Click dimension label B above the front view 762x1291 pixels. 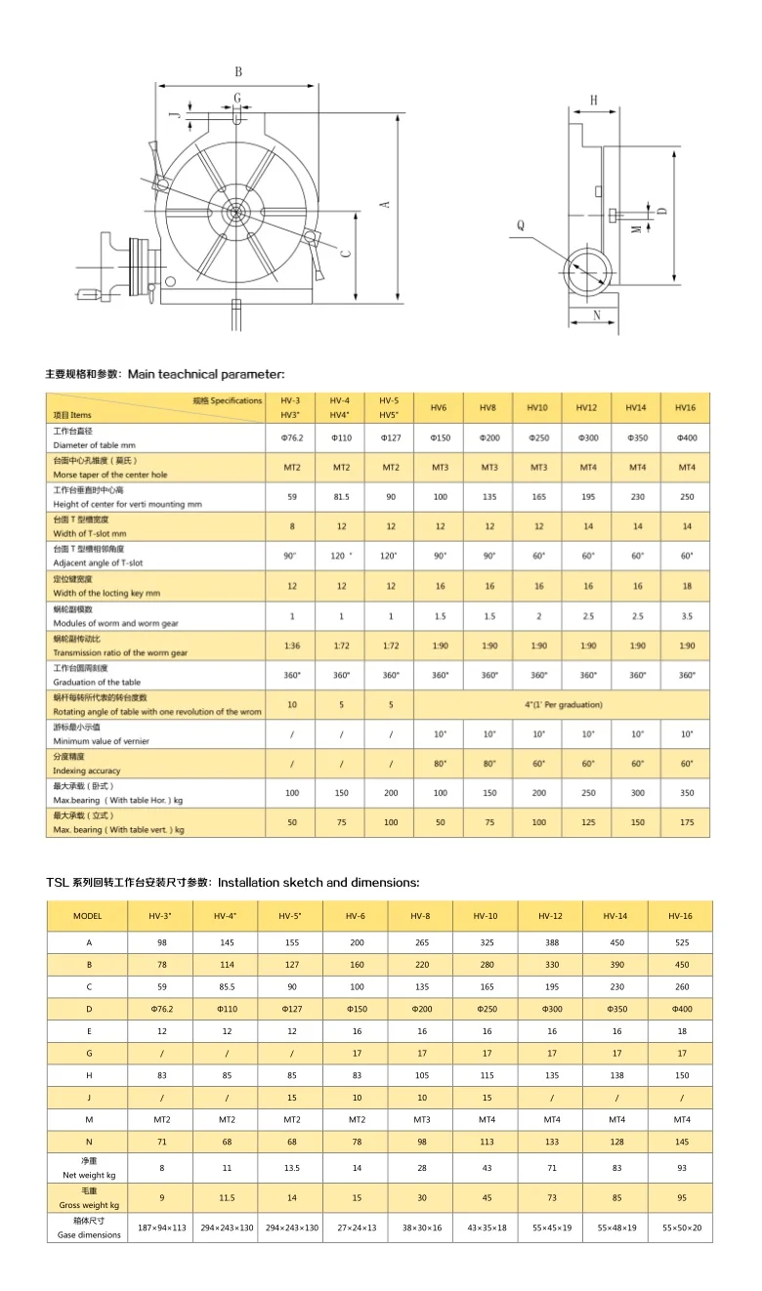coord(237,71)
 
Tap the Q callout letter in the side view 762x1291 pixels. coord(520,225)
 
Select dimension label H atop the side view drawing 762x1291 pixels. coord(593,100)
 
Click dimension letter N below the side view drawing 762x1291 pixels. coord(597,315)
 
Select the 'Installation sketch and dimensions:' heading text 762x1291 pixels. coord(318,882)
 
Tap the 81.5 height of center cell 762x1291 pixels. coord(341,497)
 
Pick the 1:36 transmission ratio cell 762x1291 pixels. coord(292,645)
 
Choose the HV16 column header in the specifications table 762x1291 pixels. coord(686,407)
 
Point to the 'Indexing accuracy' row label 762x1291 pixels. coord(88,770)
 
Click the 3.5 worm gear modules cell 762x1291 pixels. coord(686,616)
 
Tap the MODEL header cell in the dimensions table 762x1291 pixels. coord(87,916)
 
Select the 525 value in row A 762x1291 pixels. coord(681,943)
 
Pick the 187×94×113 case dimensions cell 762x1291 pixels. coord(161,1228)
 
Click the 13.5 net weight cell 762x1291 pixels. coord(291,1168)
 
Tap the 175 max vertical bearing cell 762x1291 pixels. coord(686,822)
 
